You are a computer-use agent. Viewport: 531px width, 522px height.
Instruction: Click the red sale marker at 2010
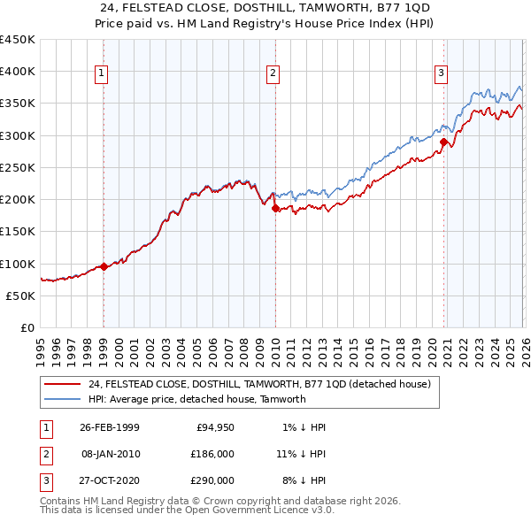(274, 209)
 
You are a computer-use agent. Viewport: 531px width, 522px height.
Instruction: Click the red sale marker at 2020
(443, 141)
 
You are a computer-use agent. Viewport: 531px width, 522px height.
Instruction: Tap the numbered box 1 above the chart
(104, 73)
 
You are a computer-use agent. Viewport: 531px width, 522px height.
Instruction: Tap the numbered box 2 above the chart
(273, 73)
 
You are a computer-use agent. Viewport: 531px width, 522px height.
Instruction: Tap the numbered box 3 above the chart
(442, 73)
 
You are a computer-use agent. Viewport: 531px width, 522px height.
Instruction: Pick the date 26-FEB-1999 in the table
(109, 427)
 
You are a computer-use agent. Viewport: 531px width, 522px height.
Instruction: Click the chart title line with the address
(265, 9)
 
